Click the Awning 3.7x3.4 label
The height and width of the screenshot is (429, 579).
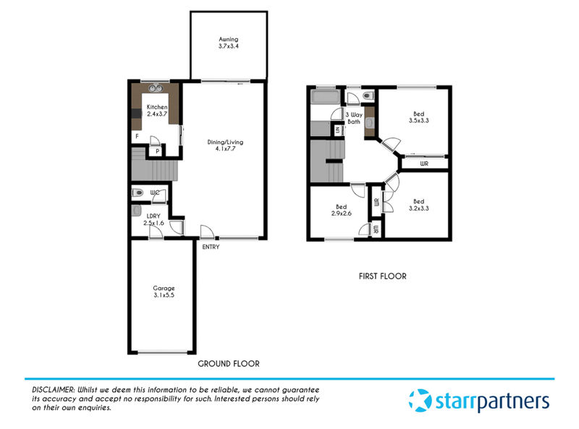[x=229, y=43]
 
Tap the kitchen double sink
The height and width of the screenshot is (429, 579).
[x=156, y=88]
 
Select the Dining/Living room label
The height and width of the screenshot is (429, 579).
[x=225, y=145]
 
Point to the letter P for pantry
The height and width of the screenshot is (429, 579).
[x=158, y=151]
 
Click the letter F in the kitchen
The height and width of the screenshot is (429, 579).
[x=137, y=136]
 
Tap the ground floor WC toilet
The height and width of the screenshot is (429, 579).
[x=138, y=192]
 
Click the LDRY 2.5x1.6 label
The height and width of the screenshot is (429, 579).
[x=153, y=219]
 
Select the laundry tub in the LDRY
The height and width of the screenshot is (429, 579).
[x=136, y=211]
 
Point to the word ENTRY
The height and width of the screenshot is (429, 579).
[x=211, y=247]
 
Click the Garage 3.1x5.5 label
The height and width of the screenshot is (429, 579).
[x=164, y=292]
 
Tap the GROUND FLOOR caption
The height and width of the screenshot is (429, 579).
[x=229, y=364]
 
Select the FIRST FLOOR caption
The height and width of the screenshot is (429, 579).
[x=383, y=276]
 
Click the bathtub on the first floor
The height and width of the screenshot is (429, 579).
[x=325, y=97]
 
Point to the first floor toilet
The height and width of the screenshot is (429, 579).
[x=368, y=96]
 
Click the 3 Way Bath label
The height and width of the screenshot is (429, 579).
[x=354, y=118]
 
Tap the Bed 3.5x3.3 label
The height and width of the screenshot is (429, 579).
[x=419, y=117]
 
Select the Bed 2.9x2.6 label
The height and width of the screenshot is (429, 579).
[x=341, y=210]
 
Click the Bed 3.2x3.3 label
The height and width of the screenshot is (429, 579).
[x=419, y=205]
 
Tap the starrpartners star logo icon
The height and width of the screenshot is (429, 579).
[x=420, y=400]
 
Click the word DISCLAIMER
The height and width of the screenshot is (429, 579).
[x=54, y=389]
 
